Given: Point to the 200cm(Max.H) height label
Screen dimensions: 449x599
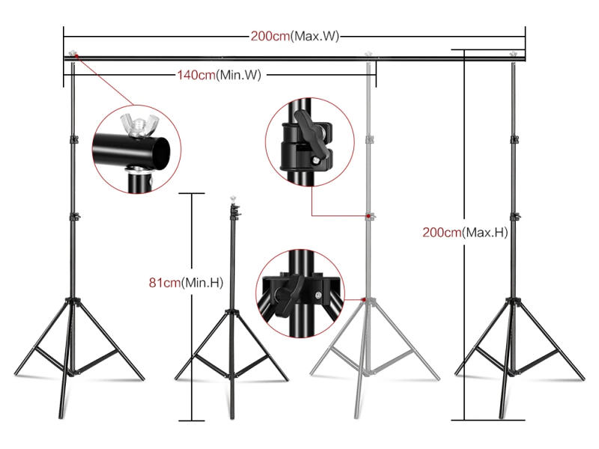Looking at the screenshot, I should point(465,232).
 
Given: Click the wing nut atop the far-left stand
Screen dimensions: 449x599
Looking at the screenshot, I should point(73,55).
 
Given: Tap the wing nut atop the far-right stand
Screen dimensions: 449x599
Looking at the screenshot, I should point(514,55).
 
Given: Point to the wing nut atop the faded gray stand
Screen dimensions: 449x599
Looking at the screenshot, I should point(368,55).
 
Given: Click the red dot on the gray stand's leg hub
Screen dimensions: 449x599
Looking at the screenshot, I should point(363,299).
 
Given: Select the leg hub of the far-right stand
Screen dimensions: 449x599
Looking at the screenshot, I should point(513,302).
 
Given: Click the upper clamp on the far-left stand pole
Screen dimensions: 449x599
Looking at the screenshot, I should point(73,140).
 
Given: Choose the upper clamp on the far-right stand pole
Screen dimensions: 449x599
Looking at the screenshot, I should point(514,138).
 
